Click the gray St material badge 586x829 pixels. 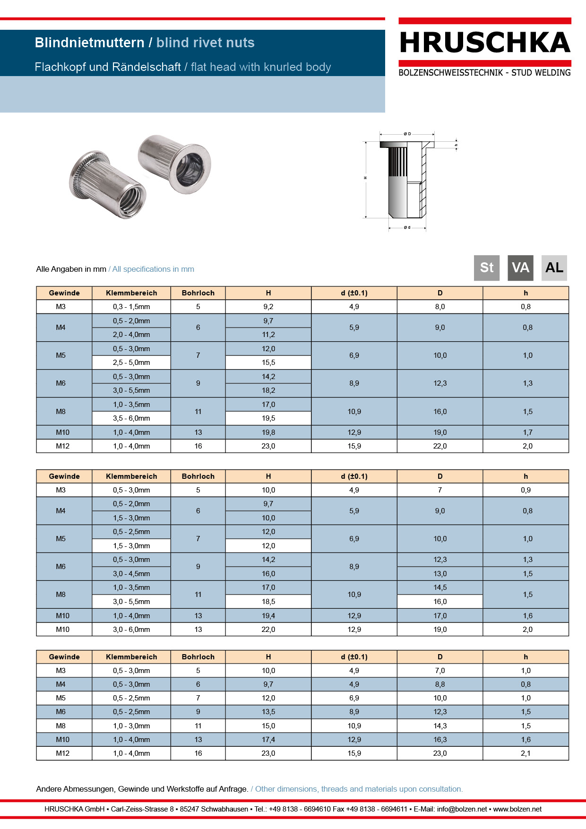486,268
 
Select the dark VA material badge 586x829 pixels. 520,268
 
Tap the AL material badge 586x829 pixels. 554,268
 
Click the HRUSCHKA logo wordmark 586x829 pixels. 484,43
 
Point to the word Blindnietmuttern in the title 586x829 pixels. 89,43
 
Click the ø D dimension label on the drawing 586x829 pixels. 407,134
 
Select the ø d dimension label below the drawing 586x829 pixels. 407,228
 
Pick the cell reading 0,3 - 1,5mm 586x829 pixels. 131,307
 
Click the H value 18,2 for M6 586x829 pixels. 268,390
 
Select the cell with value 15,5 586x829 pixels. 268,363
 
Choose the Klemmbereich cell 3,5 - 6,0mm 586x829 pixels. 131,418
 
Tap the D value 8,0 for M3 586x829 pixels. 440,307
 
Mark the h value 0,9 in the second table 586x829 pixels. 526,490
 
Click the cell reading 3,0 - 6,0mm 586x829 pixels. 131,630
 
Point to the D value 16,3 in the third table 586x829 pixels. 440,740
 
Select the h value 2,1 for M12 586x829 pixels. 526,753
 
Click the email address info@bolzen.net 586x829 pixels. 462,809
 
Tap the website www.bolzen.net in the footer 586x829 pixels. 517,809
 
